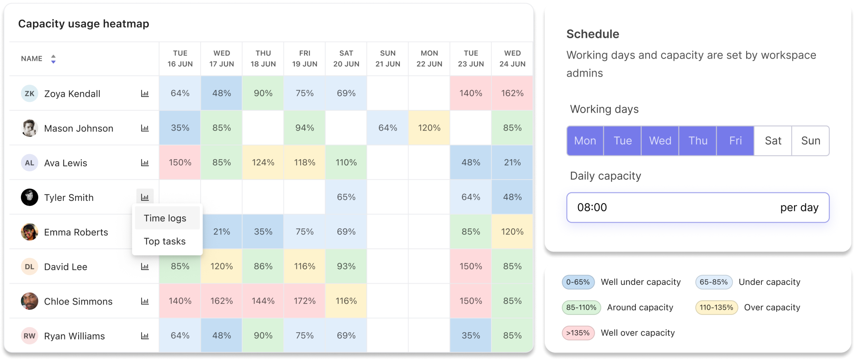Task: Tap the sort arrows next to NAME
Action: [x=53, y=59]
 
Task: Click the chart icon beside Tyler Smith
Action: [x=145, y=197]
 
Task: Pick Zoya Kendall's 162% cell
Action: [x=512, y=93]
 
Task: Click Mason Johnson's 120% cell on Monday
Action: [x=429, y=128]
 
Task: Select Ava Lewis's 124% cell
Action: [x=263, y=163]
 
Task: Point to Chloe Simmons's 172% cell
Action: [x=305, y=301]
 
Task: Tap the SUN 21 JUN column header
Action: [x=388, y=58]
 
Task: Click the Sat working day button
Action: [x=773, y=141]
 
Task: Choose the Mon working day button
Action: [x=585, y=141]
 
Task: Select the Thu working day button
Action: [x=698, y=141]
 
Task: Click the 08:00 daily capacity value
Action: [x=592, y=207]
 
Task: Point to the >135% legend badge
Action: [x=578, y=333]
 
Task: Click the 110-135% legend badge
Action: [x=716, y=308]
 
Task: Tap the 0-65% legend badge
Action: [x=578, y=282]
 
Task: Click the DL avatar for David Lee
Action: [x=29, y=266]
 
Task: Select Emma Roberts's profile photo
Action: [x=29, y=232]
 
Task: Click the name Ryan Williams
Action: [x=74, y=336]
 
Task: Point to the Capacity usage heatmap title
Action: [x=83, y=24]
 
